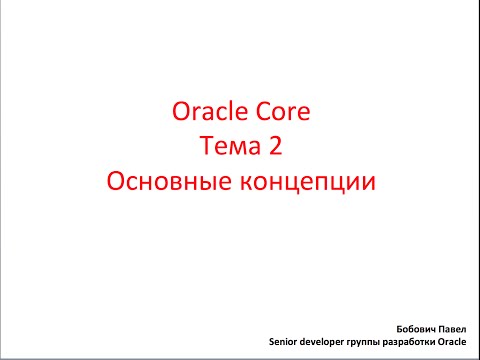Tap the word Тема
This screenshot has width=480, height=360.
pyautogui.click(x=229, y=148)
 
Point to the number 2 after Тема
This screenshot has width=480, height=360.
pyautogui.click(x=275, y=148)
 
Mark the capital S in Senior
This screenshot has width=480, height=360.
pyautogui.click(x=272, y=341)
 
